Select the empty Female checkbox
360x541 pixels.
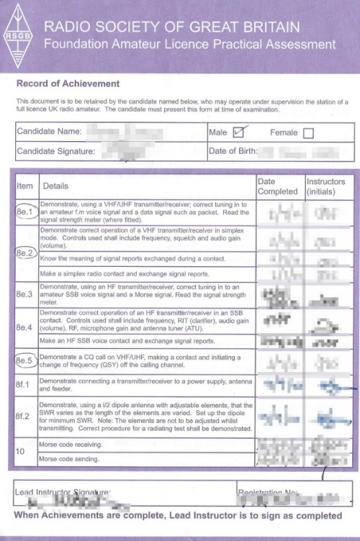tap(309, 132)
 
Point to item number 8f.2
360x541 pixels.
tap(24, 416)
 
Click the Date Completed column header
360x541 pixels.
tap(276, 186)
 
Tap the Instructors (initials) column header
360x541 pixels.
tap(325, 186)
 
